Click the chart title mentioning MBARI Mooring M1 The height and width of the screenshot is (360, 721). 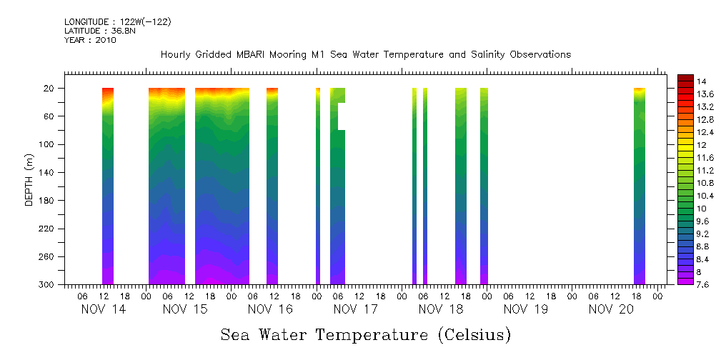(x=365, y=55)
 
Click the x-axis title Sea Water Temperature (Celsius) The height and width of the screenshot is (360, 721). (x=365, y=335)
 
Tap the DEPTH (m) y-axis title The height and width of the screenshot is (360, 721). (x=29, y=179)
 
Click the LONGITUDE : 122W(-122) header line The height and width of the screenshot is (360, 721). (x=118, y=22)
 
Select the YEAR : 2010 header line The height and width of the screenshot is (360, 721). (x=90, y=41)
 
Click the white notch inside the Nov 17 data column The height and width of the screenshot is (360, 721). (x=341, y=116)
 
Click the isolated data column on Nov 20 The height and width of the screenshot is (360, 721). (x=640, y=186)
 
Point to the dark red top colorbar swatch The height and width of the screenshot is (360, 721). (x=685, y=78)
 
